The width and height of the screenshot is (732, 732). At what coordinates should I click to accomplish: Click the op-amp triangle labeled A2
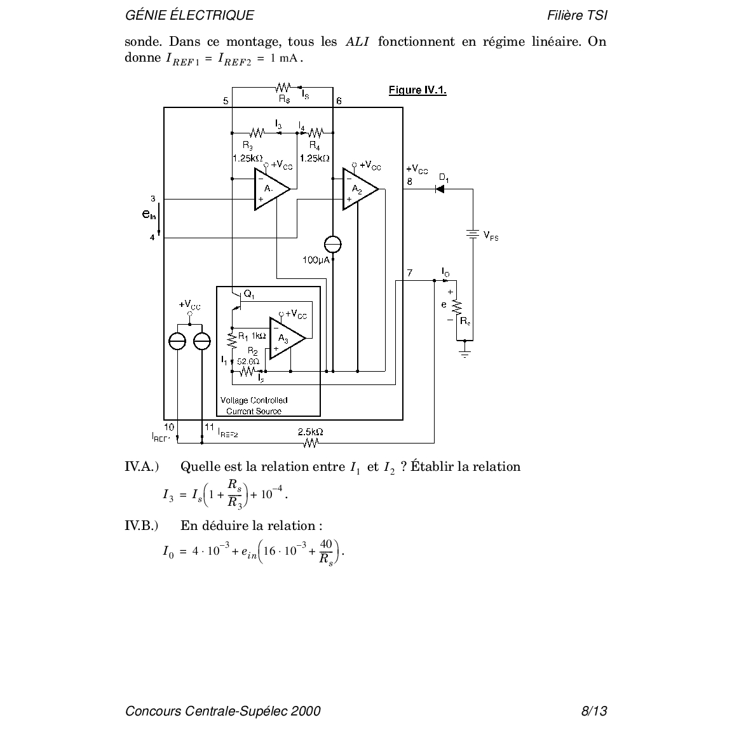click(x=358, y=189)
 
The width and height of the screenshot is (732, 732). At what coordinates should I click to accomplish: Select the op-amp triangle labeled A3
click(x=285, y=338)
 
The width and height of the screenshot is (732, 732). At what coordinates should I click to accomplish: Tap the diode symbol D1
click(x=440, y=189)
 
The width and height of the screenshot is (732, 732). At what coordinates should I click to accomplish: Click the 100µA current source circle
click(x=332, y=244)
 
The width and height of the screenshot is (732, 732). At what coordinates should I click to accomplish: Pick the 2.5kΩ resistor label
click(x=310, y=431)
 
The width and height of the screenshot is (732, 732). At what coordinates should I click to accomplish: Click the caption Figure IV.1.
click(x=417, y=90)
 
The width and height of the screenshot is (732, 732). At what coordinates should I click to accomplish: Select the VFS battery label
click(x=491, y=236)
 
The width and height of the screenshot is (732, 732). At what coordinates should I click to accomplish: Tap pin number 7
click(x=410, y=273)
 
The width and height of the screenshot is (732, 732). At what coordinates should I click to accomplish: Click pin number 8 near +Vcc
click(x=410, y=181)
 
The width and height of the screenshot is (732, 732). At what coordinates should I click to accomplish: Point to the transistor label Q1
click(x=249, y=295)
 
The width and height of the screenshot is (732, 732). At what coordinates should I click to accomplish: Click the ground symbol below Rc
click(x=465, y=351)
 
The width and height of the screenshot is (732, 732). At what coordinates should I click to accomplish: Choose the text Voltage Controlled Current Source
click(x=254, y=405)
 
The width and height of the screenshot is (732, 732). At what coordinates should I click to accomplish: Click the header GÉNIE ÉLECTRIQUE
click(x=189, y=16)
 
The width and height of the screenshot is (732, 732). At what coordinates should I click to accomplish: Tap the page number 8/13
click(x=594, y=711)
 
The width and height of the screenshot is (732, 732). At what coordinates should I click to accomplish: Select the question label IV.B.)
click(x=141, y=525)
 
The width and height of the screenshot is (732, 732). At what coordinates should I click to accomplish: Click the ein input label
click(x=149, y=215)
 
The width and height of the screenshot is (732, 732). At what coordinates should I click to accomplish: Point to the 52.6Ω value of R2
click(x=248, y=361)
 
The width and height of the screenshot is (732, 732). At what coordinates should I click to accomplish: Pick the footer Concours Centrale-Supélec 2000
click(x=223, y=711)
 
